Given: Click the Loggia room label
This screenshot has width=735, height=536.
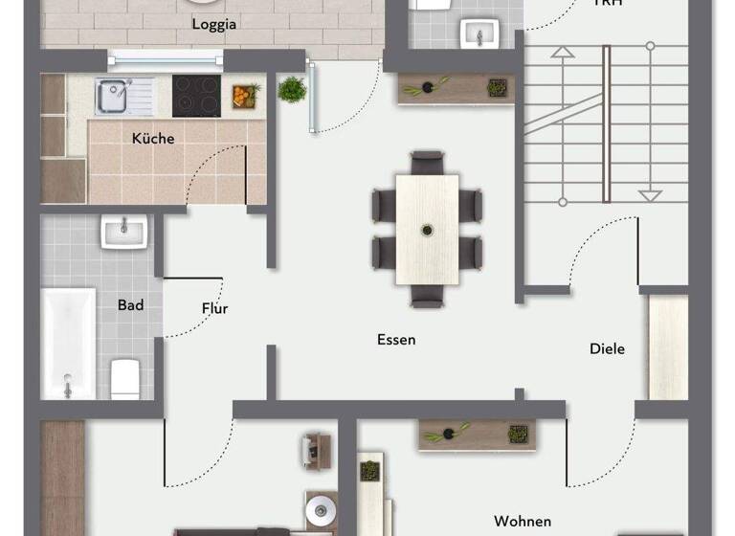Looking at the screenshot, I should point(213,25).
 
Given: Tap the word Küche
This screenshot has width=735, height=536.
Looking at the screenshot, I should point(153,138).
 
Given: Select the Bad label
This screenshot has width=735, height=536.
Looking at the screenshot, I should point(131,305).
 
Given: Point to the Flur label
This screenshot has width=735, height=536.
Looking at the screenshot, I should point(214,308).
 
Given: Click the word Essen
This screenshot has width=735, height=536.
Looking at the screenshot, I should point(396,340).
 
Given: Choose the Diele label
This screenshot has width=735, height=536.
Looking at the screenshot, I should point(607,348).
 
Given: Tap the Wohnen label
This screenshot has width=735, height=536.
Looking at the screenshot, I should point(522,522).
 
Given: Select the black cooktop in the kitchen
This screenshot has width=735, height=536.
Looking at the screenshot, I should point(196,95).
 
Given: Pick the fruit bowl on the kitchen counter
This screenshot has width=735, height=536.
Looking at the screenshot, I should point(245,96).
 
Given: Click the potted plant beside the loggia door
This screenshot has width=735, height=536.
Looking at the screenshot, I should point(291,90).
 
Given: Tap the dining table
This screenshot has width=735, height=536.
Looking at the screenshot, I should point(427,228).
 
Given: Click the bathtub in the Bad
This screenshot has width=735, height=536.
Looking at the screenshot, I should point(68,342).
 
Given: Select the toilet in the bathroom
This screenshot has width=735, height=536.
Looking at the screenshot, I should point(125,377).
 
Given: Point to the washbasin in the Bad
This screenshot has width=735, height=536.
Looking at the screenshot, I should point(123,231).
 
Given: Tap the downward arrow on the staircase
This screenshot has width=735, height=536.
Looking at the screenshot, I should point(650,195).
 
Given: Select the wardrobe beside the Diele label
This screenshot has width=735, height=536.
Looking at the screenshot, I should point(668,346).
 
